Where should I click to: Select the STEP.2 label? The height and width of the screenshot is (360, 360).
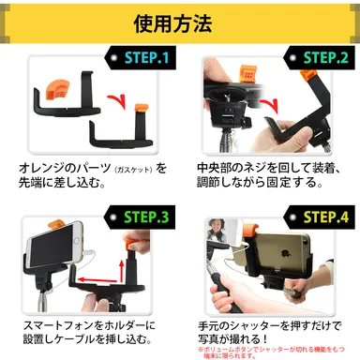pos(319,59)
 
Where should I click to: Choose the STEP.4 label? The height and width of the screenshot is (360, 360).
pos(319,218)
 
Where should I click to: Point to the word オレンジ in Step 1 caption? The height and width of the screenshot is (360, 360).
pos(43,169)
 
